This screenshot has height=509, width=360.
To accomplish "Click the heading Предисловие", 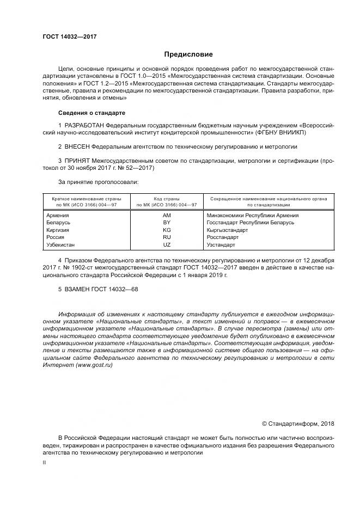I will pos(188,54).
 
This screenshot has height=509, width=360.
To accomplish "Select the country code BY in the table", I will pos(167,223).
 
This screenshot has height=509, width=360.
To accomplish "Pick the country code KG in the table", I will pos(167,230).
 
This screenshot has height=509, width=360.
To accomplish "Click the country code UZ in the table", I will pos(167,245).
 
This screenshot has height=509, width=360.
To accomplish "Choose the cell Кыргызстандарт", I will pos(227,230).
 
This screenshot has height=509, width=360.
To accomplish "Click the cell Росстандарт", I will pos(223,237).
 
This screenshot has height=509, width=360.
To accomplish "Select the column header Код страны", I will pos(167,199).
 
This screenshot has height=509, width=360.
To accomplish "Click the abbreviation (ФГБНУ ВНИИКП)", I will pos(281,132).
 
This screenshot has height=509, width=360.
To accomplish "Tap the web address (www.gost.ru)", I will pos(94,366).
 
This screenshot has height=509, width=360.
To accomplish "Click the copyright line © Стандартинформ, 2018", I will pos(298,424).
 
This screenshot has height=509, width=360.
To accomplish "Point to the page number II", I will pos(45,462).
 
